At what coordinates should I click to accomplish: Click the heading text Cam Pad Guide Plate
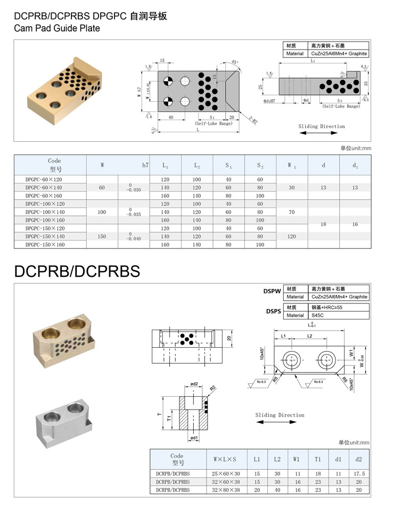57,28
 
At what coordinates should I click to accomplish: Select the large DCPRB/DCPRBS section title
77,271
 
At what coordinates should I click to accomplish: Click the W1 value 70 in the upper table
291,212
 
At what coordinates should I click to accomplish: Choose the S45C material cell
318,315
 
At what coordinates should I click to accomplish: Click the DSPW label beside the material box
272,292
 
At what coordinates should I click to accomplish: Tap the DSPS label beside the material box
272,311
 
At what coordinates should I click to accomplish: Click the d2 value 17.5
359,474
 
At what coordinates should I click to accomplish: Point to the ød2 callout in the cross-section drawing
194,384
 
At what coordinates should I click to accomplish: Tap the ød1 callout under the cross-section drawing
194,438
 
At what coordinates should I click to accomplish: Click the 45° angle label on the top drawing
235,62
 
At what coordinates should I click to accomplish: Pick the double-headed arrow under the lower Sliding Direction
276,422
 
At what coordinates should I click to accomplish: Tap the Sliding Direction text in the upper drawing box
322,126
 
